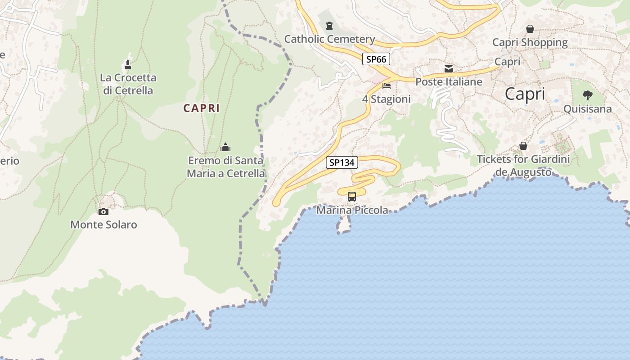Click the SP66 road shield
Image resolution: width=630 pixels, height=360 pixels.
point(376,59)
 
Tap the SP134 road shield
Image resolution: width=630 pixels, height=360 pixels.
point(342,162)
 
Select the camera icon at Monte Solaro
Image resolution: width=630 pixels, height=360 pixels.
point(103,211)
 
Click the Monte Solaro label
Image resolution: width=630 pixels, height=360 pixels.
point(103,225)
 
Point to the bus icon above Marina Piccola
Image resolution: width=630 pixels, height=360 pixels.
point(352,197)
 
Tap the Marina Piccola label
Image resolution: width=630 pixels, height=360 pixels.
point(352,210)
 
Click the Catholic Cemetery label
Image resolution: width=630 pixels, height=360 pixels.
point(329,39)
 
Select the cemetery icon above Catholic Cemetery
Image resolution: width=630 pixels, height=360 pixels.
point(329,25)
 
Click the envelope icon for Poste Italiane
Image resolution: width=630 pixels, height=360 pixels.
point(449,68)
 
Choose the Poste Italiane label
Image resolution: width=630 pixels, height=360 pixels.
point(449,82)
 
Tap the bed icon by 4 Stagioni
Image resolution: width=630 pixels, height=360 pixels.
point(386,85)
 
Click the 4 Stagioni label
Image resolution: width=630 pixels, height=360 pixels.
point(386,99)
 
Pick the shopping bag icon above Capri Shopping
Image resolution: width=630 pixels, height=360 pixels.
point(530,29)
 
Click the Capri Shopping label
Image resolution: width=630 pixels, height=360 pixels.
point(530,42)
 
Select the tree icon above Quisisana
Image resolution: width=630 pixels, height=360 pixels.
point(587,95)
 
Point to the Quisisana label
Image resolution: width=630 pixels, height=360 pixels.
point(588,109)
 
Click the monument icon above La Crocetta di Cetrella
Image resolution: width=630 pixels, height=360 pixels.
point(128,64)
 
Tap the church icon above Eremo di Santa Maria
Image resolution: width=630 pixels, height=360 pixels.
point(225,147)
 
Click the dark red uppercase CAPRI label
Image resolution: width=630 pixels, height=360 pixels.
point(202,108)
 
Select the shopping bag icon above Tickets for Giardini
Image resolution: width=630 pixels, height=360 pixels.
point(523,146)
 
